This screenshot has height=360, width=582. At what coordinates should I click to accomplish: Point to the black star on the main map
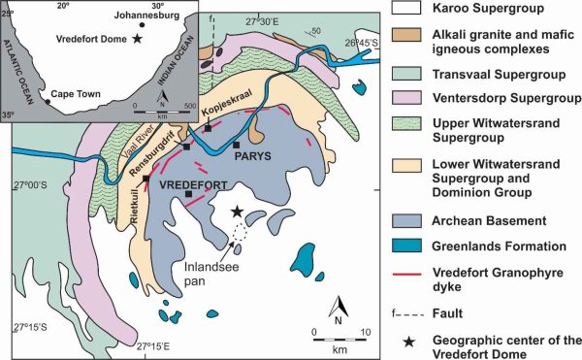pyautogui.click(x=235, y=212)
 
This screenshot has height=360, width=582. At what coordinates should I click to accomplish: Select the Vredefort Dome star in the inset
pyautogui.click(x=138, y=39)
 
